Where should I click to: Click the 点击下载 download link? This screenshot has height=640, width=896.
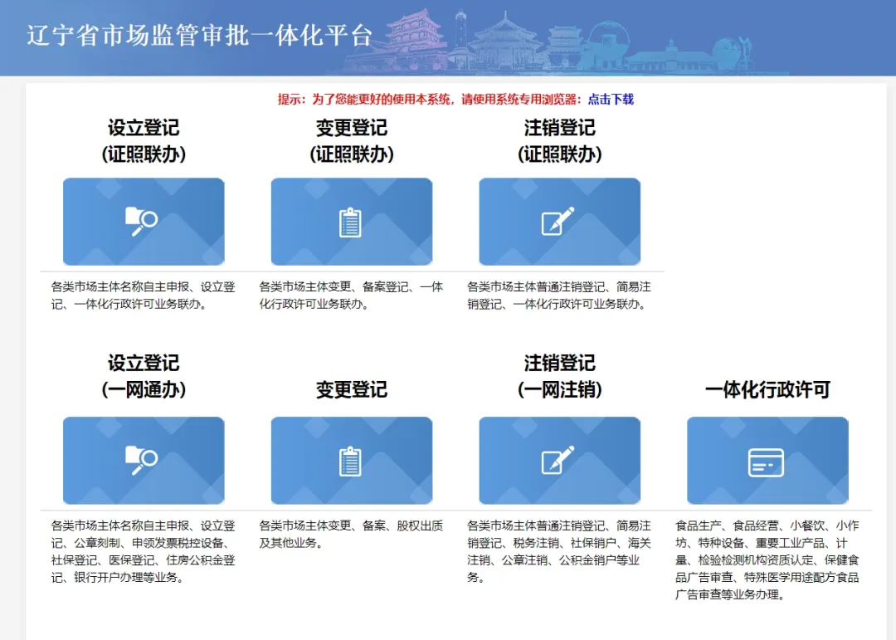[x=611, y=100]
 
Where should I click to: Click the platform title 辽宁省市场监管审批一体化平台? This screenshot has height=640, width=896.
[x=199, y=36]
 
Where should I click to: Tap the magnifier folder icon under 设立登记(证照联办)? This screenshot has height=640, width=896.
[x=141, y=222]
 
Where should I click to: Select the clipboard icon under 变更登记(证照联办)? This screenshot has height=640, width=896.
[x=350, y=222]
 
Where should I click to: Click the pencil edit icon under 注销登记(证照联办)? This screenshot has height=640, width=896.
[x=558, y=221]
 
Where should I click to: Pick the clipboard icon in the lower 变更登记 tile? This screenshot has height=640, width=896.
[x=350, y=461]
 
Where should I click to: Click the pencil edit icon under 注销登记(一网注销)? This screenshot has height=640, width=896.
[x=558, y=460]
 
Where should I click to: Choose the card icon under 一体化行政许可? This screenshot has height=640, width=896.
[x=766, y=462]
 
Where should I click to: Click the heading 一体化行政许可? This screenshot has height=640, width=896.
[x=767, y=389]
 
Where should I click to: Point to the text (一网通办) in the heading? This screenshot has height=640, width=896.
[x=144, y=389]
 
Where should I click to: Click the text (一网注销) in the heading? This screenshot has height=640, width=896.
[x=559, y=389]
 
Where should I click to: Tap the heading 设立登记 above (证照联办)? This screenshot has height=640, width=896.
[x=144, y=128]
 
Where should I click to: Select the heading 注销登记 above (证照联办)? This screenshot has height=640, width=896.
[x=559, y=128]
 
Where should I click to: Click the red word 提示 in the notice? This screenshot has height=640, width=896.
[x=290, y=100]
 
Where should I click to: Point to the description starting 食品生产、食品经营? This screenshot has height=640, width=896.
[x=767, y=560]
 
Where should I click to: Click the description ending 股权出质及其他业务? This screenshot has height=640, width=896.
[x=351, y=535]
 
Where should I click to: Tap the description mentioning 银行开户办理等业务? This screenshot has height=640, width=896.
[x=143, y=551]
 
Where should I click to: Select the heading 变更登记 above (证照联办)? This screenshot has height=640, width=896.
[x=352, y=128]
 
